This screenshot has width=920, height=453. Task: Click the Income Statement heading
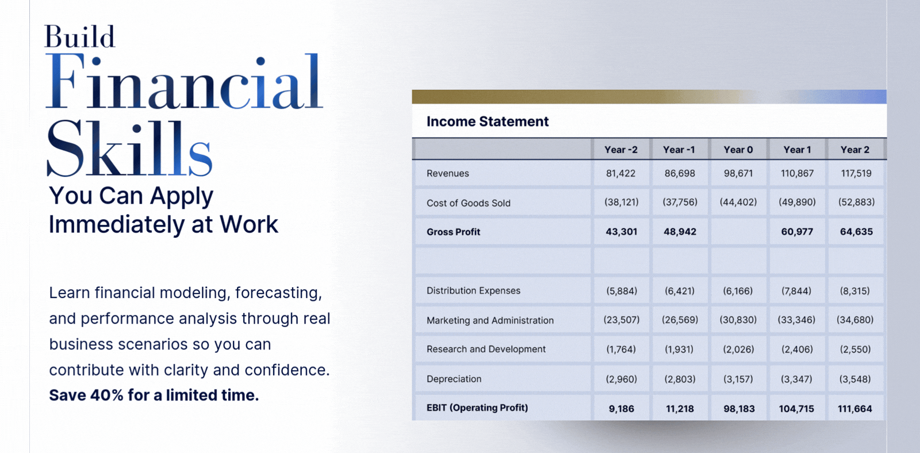click(x=488, y=121)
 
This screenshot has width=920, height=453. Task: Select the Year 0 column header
click(x=738, y=150)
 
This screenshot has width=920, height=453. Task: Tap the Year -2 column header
click(x=621, y=150)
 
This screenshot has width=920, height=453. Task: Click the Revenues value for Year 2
click(x=856, y=173)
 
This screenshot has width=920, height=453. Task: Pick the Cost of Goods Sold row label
click(x=468, y=203)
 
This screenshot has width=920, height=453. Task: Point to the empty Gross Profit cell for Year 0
click(x=738, y=231)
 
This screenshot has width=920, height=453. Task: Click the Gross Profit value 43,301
click(x=622, y=232)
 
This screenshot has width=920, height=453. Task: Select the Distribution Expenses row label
click(x=473, y=291)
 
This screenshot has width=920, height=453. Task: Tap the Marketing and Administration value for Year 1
click(x=796, y=320)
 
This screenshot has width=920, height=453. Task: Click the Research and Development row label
click(x=486, y=349)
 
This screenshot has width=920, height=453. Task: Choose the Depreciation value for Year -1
click(x=680, y=379)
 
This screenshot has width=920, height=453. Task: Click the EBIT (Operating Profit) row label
click(x=477, y=408)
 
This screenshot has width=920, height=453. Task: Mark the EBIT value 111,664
click(x=854, y=409)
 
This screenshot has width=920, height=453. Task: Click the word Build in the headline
click(x=80, y=37)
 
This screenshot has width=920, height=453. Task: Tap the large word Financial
click(x=184, y=81)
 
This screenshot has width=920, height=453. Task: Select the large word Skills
click(x=129, y=148)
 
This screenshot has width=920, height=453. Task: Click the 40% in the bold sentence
click(x=106, y=395)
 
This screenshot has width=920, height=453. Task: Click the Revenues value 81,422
click(x=620, y=173)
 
